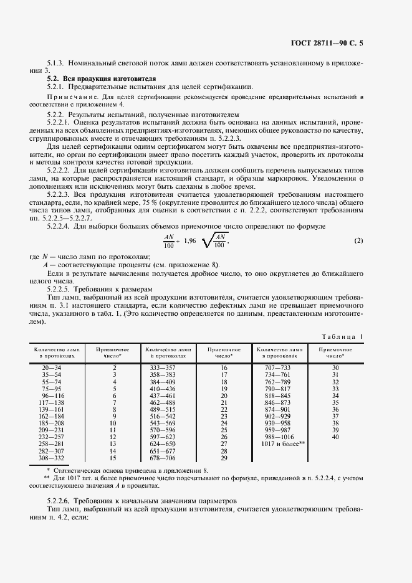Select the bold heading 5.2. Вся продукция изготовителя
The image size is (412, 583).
93,79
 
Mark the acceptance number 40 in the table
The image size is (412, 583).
335,437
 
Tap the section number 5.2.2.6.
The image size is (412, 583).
59,501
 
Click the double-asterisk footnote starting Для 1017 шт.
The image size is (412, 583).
206,479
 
